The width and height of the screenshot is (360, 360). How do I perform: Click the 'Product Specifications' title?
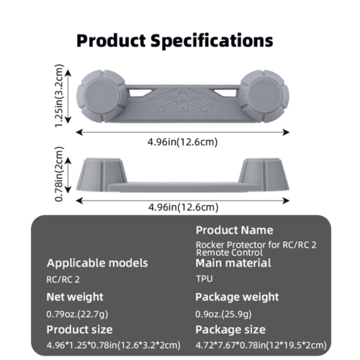175,40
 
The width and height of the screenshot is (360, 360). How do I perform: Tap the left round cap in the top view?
101,96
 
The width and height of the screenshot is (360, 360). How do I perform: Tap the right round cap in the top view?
264,96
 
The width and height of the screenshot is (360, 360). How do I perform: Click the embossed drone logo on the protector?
183,102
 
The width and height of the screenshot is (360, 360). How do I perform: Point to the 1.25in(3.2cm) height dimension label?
59,96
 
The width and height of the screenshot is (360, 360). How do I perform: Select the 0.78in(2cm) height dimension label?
59,174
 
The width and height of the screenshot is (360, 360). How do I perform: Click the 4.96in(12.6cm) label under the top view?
183,142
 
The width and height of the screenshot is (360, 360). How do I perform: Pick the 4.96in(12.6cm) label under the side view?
184,207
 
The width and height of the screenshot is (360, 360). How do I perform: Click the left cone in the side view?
102,175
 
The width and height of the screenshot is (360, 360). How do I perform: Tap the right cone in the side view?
264,175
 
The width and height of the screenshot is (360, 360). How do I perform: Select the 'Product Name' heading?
235,230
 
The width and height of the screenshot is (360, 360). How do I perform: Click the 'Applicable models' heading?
97,263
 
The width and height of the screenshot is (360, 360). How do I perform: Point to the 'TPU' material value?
204,279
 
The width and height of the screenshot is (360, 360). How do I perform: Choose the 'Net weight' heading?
75,297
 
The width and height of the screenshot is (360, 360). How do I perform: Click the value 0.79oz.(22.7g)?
77,314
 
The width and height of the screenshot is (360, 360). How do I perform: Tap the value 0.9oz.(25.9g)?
223,314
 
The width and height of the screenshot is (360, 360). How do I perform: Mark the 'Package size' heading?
230,330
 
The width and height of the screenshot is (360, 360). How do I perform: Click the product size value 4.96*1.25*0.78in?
114,346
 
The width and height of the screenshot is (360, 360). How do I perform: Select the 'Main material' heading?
233,263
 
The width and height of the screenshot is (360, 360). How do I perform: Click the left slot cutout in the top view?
140,92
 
